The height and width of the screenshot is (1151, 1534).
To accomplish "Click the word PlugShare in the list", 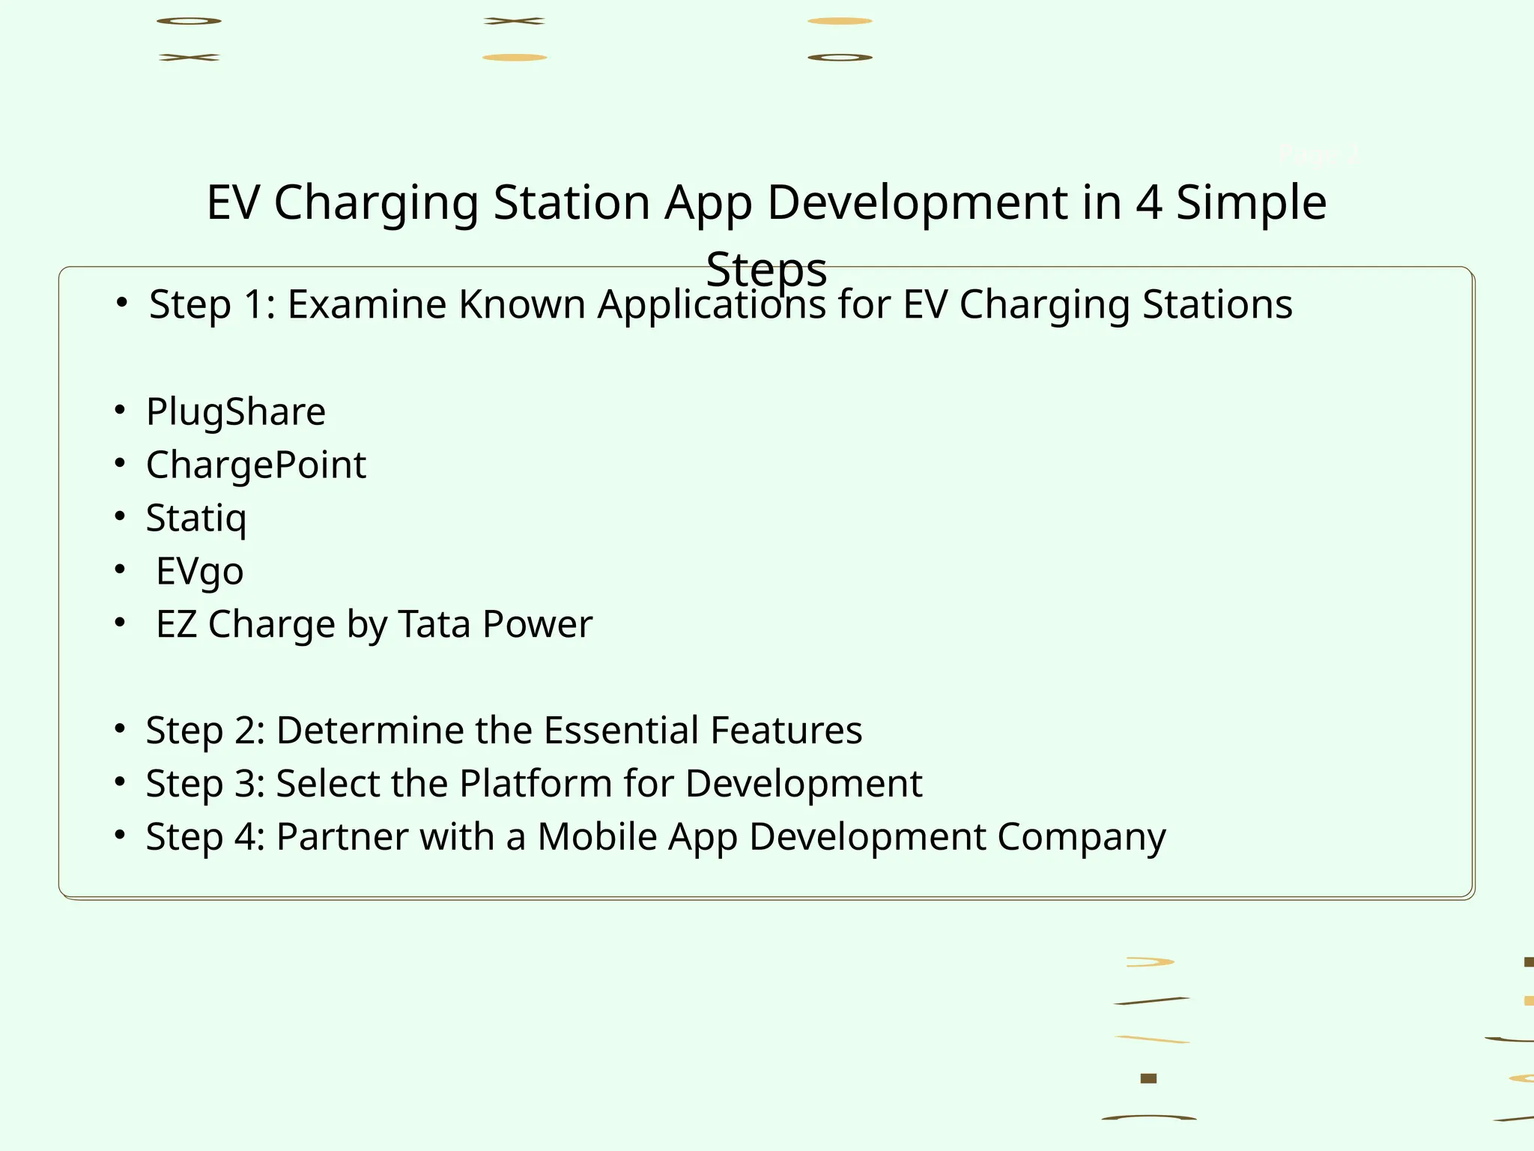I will [236, 412].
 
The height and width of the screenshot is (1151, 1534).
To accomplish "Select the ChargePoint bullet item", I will [256, 465].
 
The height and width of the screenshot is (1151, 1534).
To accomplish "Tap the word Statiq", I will [196, 519].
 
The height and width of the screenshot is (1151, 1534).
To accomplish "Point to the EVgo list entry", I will [199, 572].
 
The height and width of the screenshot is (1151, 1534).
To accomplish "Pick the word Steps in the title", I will [766, 270].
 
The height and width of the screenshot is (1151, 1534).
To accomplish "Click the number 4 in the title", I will [1148, 203].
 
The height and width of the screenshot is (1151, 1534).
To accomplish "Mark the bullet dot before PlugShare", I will [120, 410].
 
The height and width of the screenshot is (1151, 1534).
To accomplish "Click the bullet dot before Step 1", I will [122, 303].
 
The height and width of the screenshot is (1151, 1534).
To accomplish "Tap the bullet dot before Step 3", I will [120, 782].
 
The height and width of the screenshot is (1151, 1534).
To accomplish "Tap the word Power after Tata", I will [537, 624].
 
